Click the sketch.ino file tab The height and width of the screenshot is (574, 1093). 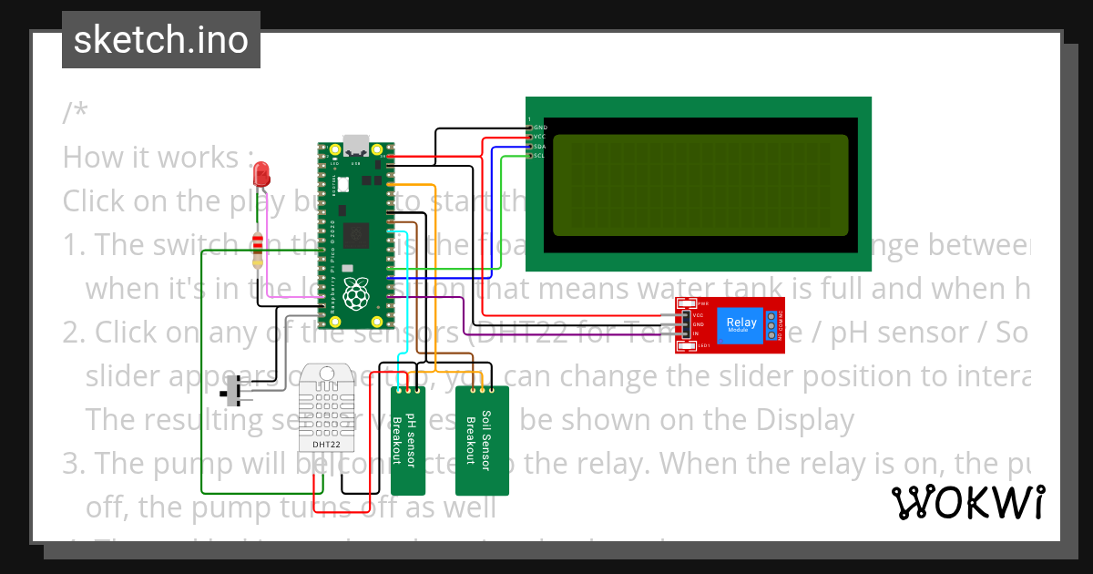160,40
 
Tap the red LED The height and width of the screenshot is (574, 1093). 261,171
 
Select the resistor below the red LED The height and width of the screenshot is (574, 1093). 259,248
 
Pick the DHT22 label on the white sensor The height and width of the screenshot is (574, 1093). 326,445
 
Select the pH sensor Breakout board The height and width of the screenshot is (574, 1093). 409,439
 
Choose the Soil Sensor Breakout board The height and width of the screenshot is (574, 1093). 482,439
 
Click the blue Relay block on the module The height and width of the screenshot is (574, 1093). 741,323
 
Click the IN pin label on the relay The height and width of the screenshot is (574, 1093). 697,333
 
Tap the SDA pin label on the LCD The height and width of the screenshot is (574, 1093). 539,146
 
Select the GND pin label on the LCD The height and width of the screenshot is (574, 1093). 539,127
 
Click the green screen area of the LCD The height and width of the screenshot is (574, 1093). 700,185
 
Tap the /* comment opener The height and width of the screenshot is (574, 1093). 76,114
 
